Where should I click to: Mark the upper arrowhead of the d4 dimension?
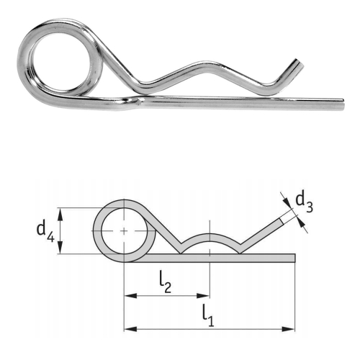point(64,211)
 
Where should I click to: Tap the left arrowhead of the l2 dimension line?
point(129,295)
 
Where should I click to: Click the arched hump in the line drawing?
point(209,238)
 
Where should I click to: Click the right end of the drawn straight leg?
point(293,257)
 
